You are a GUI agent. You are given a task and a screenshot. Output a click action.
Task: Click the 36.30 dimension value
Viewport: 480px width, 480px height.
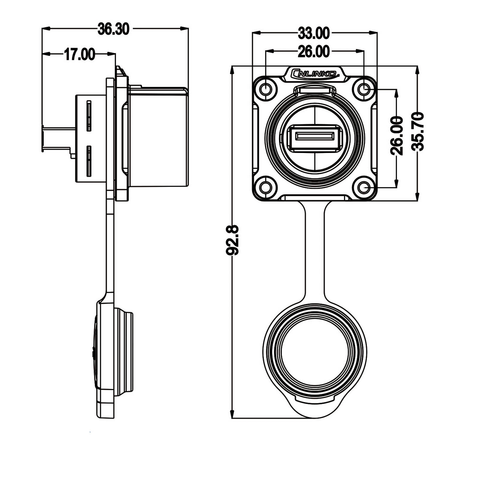click(113, 29)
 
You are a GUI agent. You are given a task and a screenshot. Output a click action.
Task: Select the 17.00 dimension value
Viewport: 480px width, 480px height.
click(79, 55)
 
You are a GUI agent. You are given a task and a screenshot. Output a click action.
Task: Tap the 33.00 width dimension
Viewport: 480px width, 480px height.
click(314, 33)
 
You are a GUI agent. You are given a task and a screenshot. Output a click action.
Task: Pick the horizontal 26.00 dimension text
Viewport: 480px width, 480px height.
click(314, 52)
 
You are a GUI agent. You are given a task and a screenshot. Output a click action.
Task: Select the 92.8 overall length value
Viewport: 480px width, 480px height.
click(232, 240)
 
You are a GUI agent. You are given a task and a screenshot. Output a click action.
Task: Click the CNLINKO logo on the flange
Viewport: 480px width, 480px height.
click(314, 73)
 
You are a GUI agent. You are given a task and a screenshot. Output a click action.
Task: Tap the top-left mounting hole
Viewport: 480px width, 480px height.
click(266, 89)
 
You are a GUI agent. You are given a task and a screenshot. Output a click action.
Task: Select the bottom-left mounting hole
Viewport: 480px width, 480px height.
click(266, 188)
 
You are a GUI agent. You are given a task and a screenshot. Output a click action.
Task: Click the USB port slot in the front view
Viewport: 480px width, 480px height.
click(315, 136)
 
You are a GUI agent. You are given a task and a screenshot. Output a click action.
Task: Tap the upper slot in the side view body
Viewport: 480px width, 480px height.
click(89, 116)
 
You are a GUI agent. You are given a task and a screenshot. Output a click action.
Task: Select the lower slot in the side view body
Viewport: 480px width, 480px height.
click(89, 161)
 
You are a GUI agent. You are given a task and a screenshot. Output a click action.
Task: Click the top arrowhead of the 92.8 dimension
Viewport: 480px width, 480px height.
click(232, 70)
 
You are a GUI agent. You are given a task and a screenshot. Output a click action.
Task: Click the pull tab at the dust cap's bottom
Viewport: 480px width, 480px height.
click(315, 408)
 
